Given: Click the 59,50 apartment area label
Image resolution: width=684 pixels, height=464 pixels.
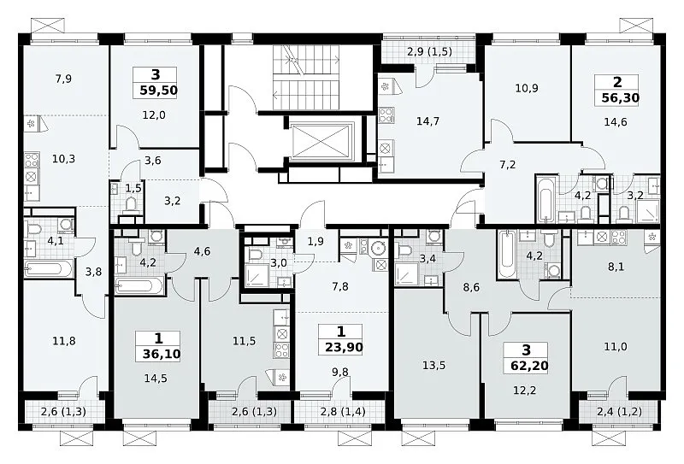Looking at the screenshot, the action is point(158,91).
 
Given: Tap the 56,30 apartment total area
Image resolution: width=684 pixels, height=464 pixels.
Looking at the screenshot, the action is point(621,97).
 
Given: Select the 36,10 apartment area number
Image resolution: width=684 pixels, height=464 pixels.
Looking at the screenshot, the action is point(162,354).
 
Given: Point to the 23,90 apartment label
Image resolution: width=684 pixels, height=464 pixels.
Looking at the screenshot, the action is point(345,347).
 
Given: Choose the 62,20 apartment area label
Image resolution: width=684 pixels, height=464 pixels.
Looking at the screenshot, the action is point(529,366).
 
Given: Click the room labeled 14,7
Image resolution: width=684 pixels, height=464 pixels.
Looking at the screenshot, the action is point(427,121).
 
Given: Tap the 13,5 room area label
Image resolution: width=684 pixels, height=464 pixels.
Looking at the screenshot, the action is point(434,365).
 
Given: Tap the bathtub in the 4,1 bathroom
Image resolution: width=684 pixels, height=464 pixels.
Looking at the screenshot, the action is point(49,269).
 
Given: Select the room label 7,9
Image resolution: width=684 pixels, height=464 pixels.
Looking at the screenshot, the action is point(63,79).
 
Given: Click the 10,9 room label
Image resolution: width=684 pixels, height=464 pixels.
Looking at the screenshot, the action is point(527,88).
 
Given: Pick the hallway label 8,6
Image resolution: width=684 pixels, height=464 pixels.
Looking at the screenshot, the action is point(472,287).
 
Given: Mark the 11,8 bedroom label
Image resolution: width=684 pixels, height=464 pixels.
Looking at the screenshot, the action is point(63,341).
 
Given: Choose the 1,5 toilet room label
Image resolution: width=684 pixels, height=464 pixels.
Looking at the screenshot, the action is point(133,187).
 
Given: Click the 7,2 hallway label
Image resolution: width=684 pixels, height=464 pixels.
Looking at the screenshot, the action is point(507,164).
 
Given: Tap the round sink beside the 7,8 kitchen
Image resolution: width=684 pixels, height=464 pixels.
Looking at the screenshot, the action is point(377,248).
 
